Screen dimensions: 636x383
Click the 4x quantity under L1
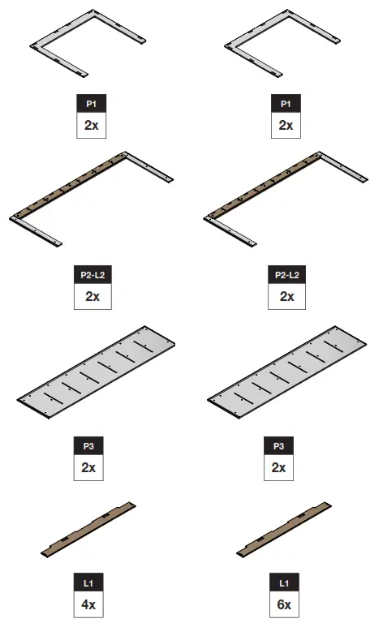pos(89,604)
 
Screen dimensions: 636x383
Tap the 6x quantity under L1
pos(283,604)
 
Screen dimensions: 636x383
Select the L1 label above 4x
pos(89,583)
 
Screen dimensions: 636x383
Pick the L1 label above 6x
pos(283,583)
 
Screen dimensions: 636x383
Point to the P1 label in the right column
pos(286,105)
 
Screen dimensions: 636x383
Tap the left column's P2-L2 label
pos(92,276)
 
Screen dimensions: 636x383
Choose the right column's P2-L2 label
pos(286,276)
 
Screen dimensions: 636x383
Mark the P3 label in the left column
pos(88,447)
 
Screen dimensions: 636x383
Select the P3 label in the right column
pos(278,447)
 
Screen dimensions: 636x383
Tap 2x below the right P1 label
pos(286,126)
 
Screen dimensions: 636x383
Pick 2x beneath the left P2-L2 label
pos(92,297)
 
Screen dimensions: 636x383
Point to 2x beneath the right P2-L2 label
pos(286,297)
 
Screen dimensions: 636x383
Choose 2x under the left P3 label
pos(88,468)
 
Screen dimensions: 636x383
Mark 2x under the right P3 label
pos(278,468)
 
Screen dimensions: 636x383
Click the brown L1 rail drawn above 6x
pos(285,529)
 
